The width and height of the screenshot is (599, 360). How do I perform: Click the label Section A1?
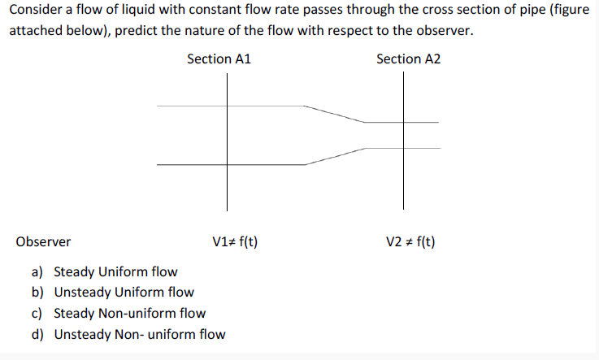[219, 59]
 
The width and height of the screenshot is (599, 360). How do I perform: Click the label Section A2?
[408, 59]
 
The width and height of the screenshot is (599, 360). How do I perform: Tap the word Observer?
[43, 241]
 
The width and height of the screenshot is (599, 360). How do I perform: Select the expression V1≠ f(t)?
[235, 241]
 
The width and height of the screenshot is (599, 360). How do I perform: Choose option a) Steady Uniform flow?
[115, 271]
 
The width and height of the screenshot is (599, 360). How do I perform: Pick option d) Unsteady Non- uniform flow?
[139, 334]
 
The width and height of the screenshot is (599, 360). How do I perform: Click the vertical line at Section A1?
[227, 187]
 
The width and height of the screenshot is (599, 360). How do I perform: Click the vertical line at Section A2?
[402, 187]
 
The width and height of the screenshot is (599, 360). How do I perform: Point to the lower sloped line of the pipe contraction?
[333, 156]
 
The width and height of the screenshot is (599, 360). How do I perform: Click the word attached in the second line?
[34, 32]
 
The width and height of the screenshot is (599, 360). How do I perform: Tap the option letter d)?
[38, 334]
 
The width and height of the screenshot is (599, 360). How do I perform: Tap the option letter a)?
[38, 271]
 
